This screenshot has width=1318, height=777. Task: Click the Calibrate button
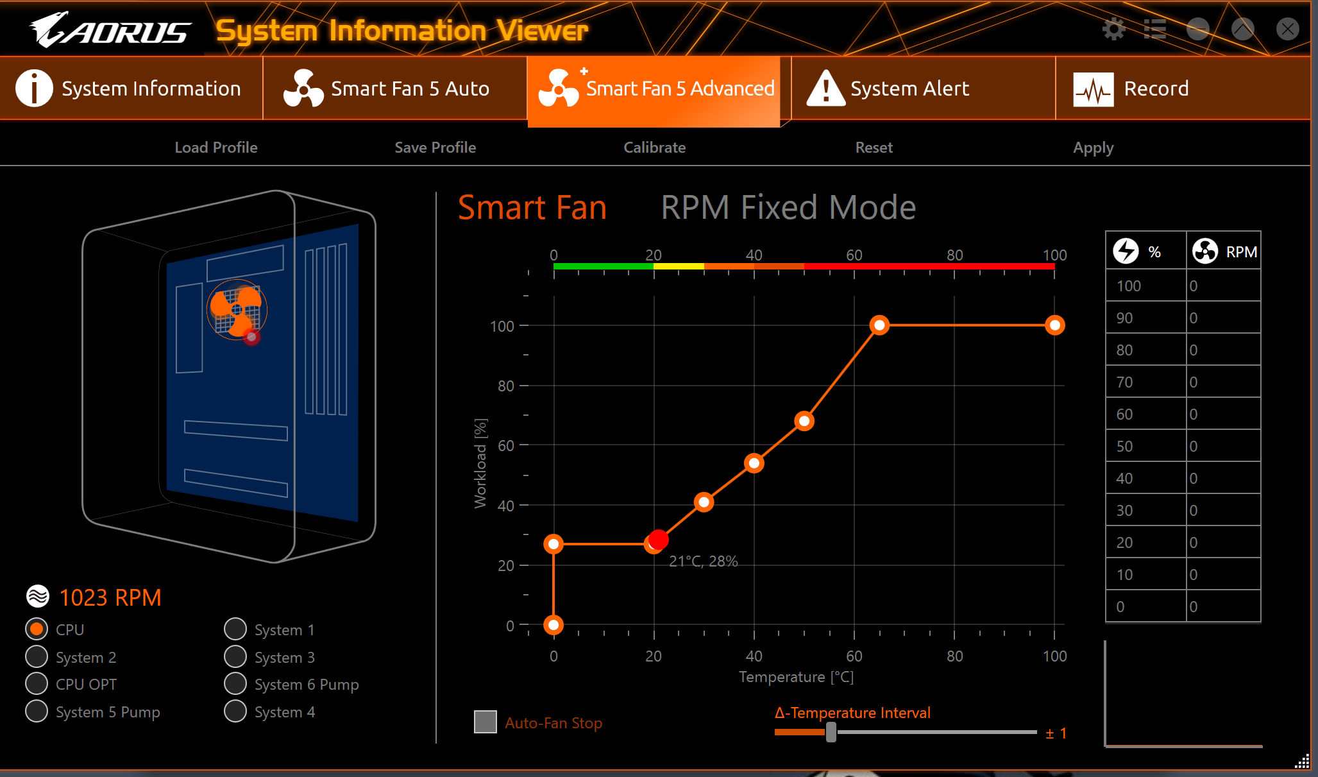coord(654,148)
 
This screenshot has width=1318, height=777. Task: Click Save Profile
coord(435,148)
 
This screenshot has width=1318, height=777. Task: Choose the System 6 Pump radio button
coord(235,684)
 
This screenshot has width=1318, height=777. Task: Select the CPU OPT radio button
coord(37,684)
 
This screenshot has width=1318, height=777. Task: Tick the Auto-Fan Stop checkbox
coord(486,722)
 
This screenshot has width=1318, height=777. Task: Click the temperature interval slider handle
coord(831,732)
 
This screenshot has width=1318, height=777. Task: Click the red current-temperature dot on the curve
coord(659,540)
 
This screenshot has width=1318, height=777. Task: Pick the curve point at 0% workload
coord(553,624)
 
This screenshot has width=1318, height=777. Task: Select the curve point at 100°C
coord(1055,325)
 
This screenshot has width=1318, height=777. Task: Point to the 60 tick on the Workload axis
coord(506,445)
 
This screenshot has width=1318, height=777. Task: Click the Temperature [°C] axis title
coord(796,677)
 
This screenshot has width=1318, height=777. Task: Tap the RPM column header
coord(1224,251)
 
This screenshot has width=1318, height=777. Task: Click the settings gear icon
coord(1113,29)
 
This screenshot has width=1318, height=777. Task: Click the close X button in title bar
coord(1287,29)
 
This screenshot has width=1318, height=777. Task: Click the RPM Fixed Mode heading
coord(788,207)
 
